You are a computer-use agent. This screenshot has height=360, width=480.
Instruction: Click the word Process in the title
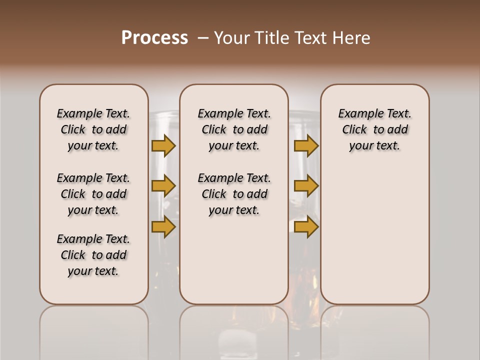tap(154, 38)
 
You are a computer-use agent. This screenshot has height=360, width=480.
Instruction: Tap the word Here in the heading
tap(352, 38)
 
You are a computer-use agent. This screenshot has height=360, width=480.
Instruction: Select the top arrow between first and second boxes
tap(163, 145)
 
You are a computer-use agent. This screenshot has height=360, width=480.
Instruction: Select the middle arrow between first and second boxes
tap(163, 186)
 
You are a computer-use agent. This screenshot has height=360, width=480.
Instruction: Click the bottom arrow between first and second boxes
tap(163, 227)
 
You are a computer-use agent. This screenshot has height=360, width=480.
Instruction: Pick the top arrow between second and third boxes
tap(306, 145)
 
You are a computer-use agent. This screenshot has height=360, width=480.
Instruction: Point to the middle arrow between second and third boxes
tap(306, 186)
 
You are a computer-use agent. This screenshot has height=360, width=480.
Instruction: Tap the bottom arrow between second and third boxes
tap(306, 227)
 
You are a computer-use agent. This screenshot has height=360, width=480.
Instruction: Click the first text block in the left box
tap(93, 129)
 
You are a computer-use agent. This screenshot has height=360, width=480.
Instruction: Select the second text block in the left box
tap(93, 194)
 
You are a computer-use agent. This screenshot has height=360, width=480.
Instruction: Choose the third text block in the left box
tap(93, 255)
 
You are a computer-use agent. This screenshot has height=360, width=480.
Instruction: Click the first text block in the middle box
tap(234, 129)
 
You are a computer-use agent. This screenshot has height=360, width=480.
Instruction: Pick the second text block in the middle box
tap(234, 194)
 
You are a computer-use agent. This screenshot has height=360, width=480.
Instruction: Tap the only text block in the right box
tap(374, 129)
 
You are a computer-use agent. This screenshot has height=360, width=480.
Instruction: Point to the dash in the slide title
tap(203, 38)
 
